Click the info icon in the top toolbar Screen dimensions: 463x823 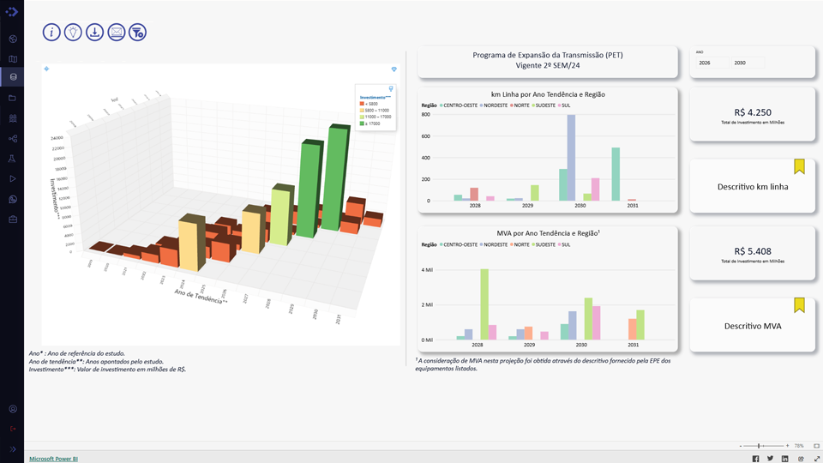[x=51, y=32]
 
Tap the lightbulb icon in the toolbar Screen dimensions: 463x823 [x=73, y=32]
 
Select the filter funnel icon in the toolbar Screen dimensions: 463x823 [x=137, y=32]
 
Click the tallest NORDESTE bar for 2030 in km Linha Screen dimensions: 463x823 [x=571, y=158]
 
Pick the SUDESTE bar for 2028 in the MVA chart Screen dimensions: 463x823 [x=484, y=304]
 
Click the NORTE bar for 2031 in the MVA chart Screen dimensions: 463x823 [x=632, y=329]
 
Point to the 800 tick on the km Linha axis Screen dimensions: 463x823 [x=425, y=114]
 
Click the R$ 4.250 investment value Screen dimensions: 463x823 [x=752, y=112]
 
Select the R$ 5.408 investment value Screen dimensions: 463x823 [x=752, y=251]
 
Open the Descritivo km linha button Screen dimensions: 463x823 [x=752, y=186]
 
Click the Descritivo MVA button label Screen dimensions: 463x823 [x=752, y=326]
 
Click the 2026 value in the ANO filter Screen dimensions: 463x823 [x=705, y=63]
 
